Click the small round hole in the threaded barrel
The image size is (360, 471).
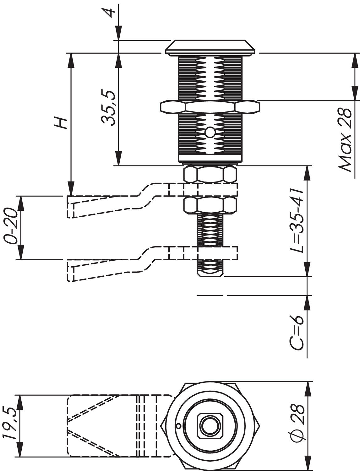click(x=210, y=133)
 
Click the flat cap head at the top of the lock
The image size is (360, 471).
click(x=210, y=47)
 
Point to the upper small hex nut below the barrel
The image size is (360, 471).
click(x=210, y=175)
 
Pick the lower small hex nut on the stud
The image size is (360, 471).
click(x=210, y=205)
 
